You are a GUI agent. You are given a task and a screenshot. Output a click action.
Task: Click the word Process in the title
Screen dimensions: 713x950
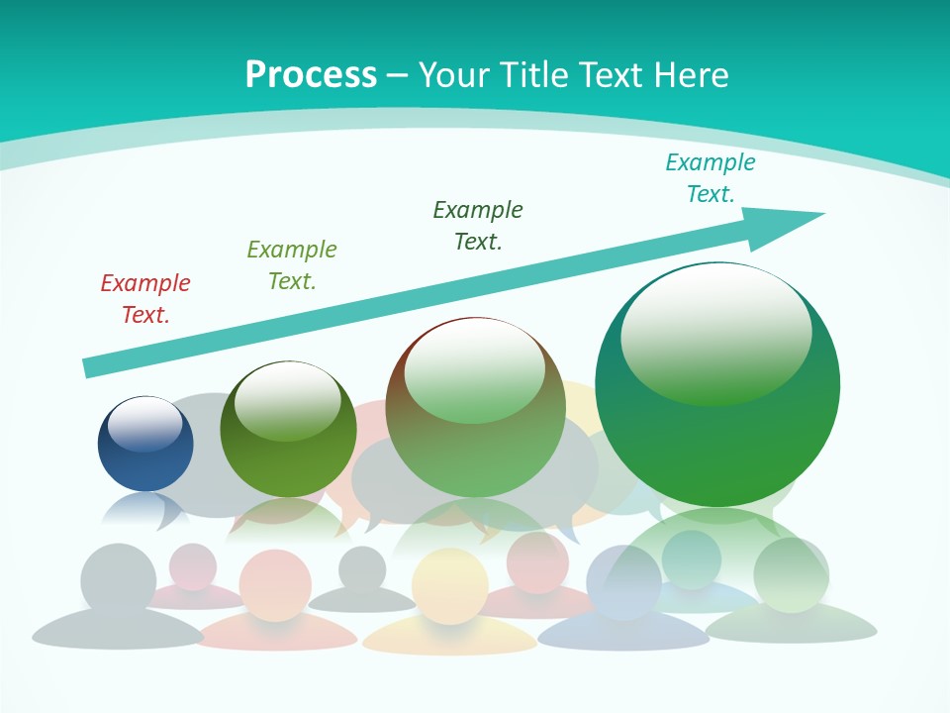click(x=311, y=74)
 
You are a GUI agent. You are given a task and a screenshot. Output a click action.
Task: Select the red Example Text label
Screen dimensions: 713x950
click(x=145, y=299)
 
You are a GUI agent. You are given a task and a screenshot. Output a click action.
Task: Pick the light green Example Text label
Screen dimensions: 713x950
click(x=292, y=265)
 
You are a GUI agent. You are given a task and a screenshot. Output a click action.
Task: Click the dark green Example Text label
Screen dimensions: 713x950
click(x=478, y=226)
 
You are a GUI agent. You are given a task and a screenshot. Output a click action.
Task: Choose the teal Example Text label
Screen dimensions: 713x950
click(x=711, y=178)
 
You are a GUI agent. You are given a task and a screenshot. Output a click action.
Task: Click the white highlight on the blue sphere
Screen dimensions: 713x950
click(x=145, y=423)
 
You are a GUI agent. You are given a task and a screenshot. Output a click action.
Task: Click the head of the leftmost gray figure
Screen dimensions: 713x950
click(x=119, y=580)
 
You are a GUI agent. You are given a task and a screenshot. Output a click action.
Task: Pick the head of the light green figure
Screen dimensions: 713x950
click(x=791, y=574)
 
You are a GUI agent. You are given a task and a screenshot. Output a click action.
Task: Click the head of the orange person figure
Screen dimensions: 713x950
click(x=275, y=585)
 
